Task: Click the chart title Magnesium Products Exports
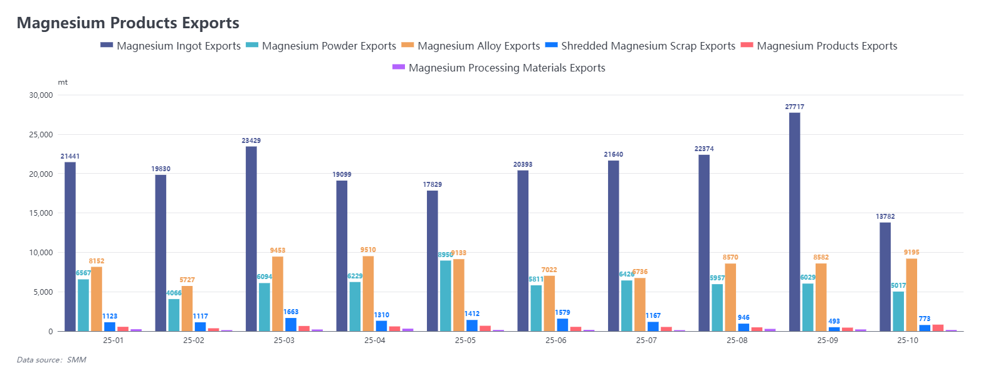pos(128,23)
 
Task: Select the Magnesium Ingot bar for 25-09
pos(794,222)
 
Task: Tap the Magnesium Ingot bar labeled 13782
pos(885,277)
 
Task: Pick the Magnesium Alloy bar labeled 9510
pos(368,293)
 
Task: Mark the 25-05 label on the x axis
pos(465,341)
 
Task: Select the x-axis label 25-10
pos(908,341)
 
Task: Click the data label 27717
pos(794,107)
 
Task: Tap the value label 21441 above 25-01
pos(70,156)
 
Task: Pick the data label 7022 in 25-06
pos(549,270)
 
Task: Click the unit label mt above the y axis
pos(63,82)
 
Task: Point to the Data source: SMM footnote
pos(51,360)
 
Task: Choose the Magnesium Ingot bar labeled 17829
pos(433,261)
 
